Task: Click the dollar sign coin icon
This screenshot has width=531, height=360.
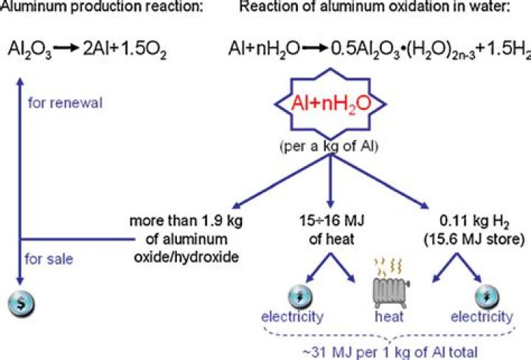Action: coord(18,302)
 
